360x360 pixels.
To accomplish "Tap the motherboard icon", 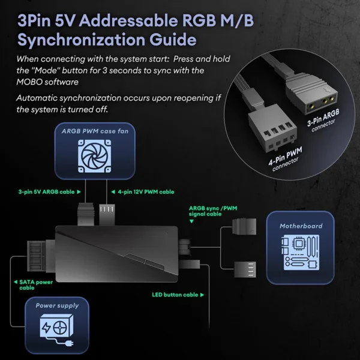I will tap(300, 254).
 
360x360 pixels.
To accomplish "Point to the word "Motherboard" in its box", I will tap(301, 226).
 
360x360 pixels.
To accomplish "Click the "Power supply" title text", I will tap(57, 305).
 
